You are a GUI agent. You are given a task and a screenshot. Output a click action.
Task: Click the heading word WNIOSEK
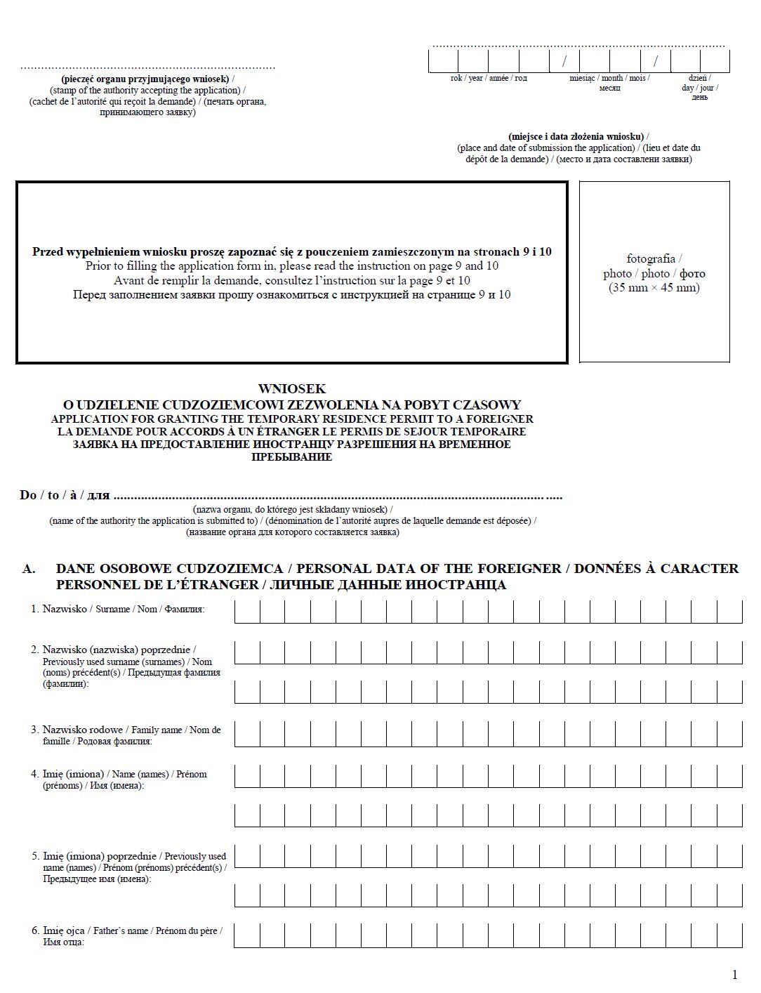click(291, 389)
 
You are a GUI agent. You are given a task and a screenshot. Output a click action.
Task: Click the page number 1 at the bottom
click(734, 974)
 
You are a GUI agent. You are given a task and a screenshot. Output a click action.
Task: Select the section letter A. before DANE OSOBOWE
click(29, 569)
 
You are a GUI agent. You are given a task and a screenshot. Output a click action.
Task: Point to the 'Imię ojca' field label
click(63, 930)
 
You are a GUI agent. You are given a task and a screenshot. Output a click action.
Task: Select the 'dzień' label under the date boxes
click(699, 78)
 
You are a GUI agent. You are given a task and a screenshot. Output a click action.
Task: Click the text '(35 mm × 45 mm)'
click(654, 288)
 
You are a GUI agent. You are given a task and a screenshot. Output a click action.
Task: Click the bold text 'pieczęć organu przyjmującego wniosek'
click(145, 79)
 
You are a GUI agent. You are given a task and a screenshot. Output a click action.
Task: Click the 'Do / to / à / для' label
click(65, 496)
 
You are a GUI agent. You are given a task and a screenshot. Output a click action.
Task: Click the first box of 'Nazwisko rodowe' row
click(247, 734)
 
